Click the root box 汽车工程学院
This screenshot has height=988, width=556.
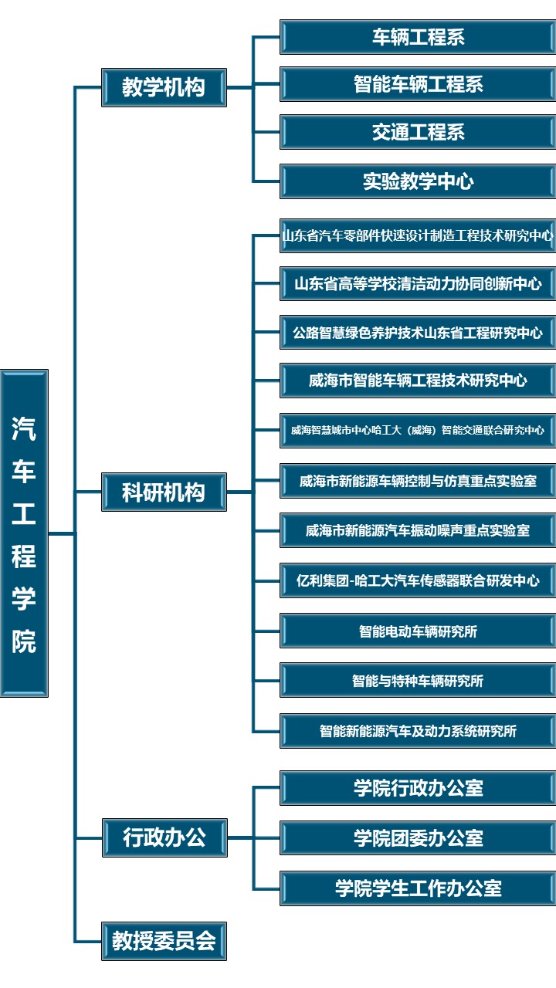coord(24,533)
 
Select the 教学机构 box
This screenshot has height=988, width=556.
coord(164,87)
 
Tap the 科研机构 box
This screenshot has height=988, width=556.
coord(164,492)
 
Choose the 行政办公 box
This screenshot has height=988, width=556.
coord(164,837)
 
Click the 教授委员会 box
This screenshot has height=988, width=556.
coord(164,941)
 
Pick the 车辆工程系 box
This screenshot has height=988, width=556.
coord(418,37)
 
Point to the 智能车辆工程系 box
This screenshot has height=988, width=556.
coord(418,84)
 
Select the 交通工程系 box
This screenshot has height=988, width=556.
coord(418,132)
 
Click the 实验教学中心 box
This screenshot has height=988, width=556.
coord(418,181)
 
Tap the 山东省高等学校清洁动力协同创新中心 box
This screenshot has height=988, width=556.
coord(418,283)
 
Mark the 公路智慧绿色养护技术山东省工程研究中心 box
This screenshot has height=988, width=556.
coord(418,332)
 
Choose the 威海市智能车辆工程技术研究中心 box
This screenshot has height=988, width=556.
coord(418,381)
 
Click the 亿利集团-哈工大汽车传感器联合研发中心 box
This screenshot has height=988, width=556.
coord(418,580)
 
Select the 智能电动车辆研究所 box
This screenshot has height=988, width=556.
coord(418,631)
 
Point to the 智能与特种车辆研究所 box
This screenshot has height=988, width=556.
coord(418,680)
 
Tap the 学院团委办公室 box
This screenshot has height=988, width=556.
coord(418,837)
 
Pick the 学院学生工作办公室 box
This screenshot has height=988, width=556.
coord(418,888)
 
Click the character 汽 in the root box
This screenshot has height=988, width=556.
coord(24,428)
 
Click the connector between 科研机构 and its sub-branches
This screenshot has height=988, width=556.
coord(240,492)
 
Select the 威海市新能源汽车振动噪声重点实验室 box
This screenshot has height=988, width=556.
coord(418,530)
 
